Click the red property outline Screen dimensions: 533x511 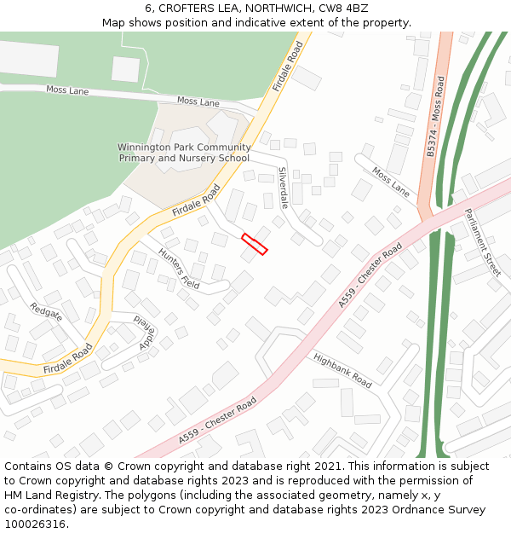click(255, 244)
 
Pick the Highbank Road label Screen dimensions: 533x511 click(342, 371)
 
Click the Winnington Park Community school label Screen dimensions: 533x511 click(184, 153)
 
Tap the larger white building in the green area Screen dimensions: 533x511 click(29, 59)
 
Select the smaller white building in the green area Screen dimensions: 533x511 click(125, 69)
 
